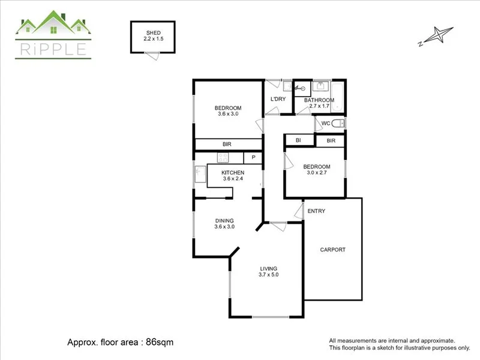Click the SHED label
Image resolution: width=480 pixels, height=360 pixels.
(x=154, y=33)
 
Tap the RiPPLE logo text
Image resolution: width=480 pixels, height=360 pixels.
(x=53, y=49)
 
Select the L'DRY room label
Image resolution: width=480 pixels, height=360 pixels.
(x=278, y=99)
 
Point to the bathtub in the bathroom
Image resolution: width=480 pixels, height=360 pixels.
(x=337, y=97)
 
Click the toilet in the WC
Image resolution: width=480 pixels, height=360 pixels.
(x=338, y=124)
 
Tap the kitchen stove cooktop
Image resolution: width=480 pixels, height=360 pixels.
(x=223, y=158)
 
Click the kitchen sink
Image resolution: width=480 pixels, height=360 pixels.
(x=200, y=175)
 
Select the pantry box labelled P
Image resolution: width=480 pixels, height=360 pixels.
(x=253, y=158)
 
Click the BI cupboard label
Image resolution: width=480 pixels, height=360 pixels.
(x=298, y=140)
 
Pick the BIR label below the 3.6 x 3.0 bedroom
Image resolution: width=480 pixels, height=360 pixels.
(x=227, y=144)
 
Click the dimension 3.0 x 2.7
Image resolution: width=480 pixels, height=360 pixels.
(x=317, y=173)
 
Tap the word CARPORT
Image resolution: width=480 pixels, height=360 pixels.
(x=333, y=250)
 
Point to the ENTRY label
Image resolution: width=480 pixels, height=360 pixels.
(x=316, y=211)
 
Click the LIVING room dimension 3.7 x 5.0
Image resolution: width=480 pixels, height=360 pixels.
(x=268, y=275)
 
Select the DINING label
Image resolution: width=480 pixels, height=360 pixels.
(x=224, y=221)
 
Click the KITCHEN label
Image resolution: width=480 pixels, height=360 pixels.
(x=233, y=173)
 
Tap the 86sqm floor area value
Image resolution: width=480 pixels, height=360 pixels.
(x=160, y=342)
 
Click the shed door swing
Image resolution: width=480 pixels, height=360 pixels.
(x=153, y=56)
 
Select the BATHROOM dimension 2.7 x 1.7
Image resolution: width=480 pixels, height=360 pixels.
(x=319, y=106)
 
